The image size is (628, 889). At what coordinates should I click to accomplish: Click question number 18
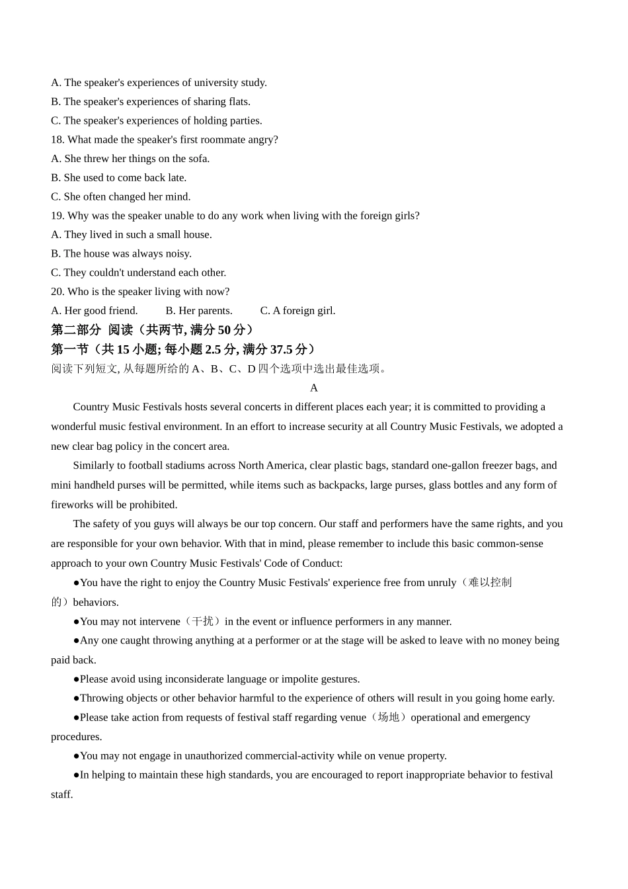pos(57,140)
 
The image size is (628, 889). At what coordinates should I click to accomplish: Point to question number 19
pos(57,216)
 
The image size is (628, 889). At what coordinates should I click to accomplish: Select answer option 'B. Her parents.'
pos(199,311)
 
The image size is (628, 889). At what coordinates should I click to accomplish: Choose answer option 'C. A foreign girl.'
pos(297,311)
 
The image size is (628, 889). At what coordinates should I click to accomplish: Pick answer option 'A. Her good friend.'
pos(95,311)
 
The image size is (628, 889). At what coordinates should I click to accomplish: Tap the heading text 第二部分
pos(76,330)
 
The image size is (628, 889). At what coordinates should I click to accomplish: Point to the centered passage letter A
pos(314,388)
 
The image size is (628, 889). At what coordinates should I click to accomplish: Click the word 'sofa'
pos(199,159)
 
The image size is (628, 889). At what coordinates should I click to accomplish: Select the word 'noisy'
pos(177,254)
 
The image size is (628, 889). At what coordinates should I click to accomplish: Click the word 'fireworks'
pos(72,505)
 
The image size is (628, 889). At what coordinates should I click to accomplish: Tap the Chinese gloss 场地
pos(388,718)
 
